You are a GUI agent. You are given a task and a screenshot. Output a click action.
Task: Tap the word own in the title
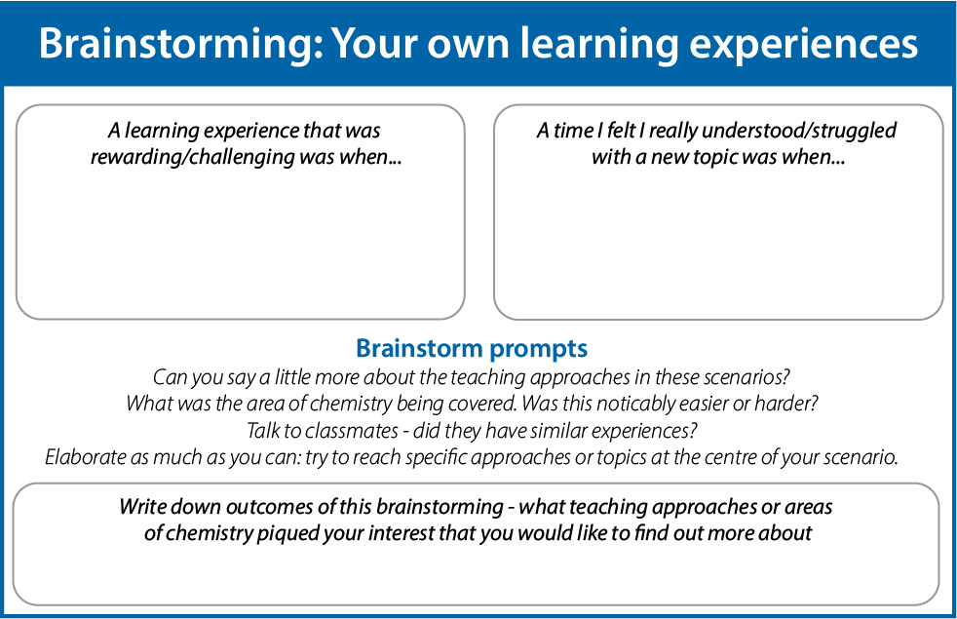(x=468, y=45)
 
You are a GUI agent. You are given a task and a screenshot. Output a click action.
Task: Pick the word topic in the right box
(x=677, y=158)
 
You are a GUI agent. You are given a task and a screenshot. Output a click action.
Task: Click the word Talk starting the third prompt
(x=263, y=431)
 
